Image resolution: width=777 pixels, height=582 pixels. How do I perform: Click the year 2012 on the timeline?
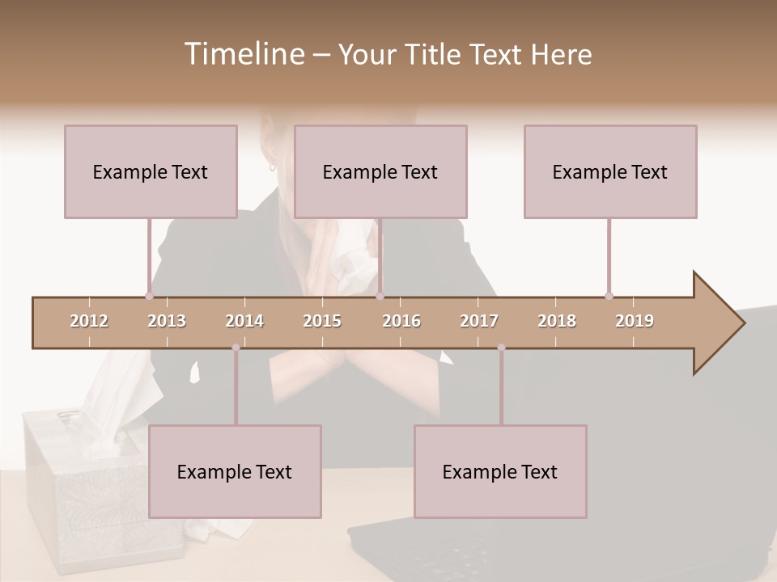(89, 321)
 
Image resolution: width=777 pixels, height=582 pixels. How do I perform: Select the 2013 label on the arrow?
(167, 321)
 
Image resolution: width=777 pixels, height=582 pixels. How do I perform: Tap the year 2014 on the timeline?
(244, 321)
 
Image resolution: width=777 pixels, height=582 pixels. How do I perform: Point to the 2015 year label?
(322, 321)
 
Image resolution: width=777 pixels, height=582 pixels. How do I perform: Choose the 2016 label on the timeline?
(401, 321)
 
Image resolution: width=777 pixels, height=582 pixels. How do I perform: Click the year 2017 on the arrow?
(479, 321)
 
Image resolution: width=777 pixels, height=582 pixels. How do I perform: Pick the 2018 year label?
(557, 321)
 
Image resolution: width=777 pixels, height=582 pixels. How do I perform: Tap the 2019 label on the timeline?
(635, 321)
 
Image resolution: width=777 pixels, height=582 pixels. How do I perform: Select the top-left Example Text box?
(151, 171)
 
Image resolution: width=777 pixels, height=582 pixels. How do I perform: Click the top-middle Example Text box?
(380, 171)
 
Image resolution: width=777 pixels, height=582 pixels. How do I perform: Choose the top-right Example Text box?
(610, 171)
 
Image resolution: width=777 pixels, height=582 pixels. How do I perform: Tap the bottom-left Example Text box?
(235, 471)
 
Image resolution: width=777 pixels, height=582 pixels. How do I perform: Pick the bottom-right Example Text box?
(500, 471)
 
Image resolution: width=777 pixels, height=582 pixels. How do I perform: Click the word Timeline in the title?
(243, 54)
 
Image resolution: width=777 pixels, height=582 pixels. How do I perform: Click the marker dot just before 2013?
(149, 296)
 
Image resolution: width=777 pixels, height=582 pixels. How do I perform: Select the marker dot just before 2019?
(609, 296)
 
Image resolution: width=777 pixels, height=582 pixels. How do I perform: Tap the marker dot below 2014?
(236, 348)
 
